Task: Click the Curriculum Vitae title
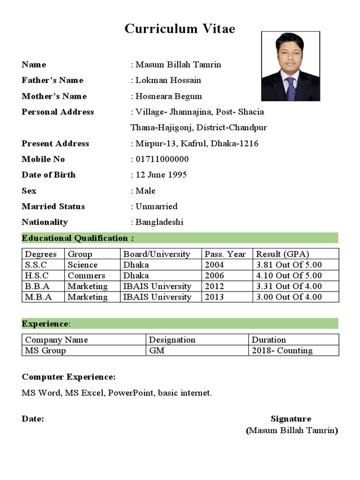(180, 29)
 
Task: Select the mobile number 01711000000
(162, 159)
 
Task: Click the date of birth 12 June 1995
(161, 175)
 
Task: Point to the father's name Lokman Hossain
(168, 80)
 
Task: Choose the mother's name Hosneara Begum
(169, 96)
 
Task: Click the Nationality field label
(45, 222)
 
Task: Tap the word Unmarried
(157, 206)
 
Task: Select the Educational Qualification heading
(78, 238)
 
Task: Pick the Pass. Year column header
(225, 254)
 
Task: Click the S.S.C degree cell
(37, 265)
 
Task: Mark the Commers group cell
(86, 276)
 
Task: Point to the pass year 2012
(214, 286)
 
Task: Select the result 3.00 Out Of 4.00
(289, 297)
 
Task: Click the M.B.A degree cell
(38, 297)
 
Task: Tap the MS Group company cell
(45, 351)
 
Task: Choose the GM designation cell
(157, 351)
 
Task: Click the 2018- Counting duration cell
(282, 351)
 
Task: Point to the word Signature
(291, 419)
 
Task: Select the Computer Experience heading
(68, 377)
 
